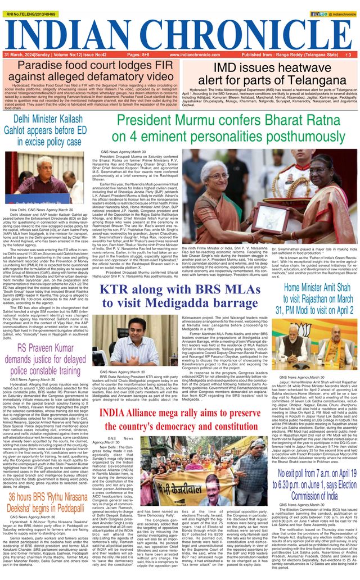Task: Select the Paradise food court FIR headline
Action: tap(91, 71)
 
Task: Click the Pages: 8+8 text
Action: tap(138, 55)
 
